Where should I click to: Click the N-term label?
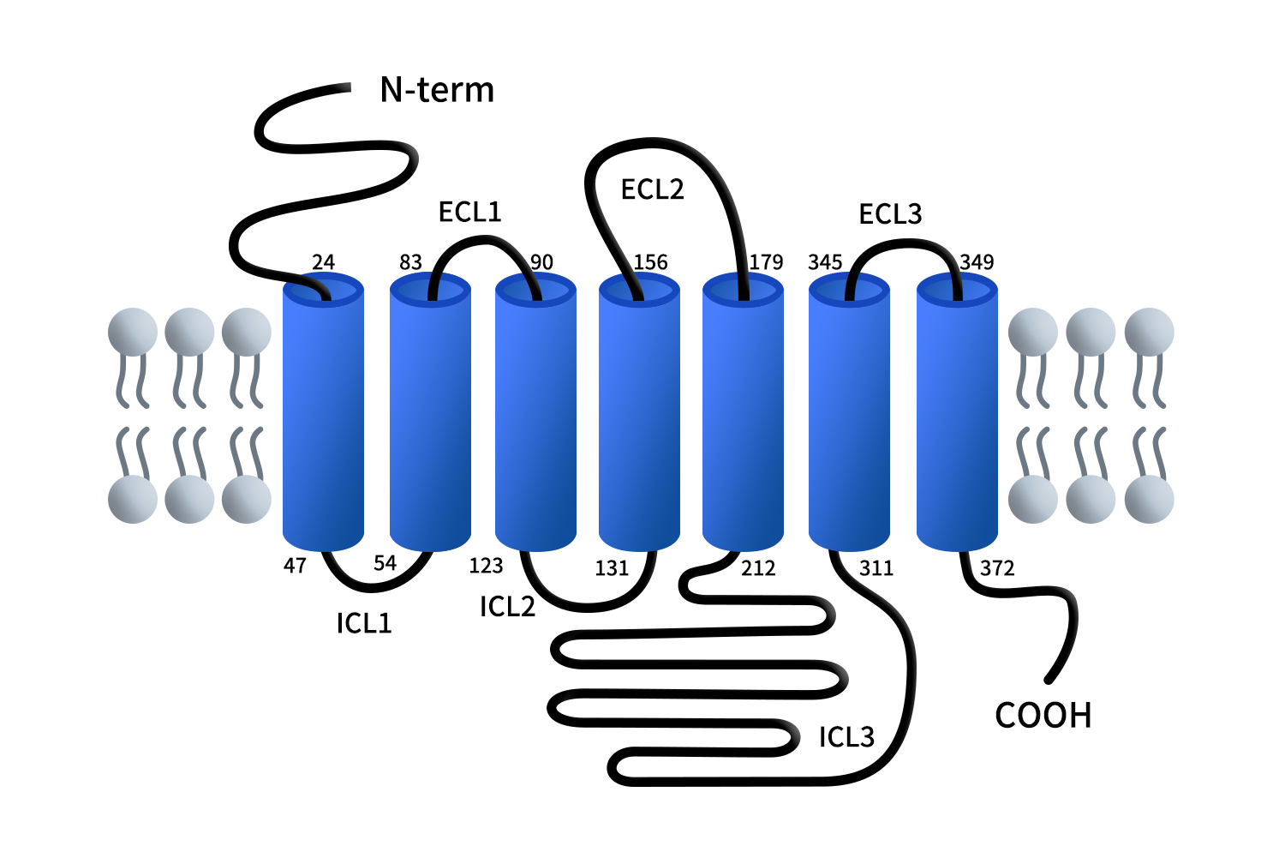coord(437,90)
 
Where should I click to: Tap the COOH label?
coord(1043,716)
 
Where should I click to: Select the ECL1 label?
coord(469,212)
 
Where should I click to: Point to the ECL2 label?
coord(652,189)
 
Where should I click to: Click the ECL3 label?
coord(890,214)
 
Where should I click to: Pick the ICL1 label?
coord(364,623)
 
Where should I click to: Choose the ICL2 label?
coord(507,607)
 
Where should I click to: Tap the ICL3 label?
coord(846,737)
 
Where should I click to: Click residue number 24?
coord(323,262)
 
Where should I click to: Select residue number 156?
coord(650,262)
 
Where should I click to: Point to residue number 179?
coord(766,262)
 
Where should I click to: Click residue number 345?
coord(825,262)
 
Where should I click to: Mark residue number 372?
coord(997,568)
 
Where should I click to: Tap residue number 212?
coord(758,568)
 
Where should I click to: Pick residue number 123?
coord(486,566)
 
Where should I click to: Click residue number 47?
coord(295,566)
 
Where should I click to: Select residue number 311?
coord(876,568)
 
